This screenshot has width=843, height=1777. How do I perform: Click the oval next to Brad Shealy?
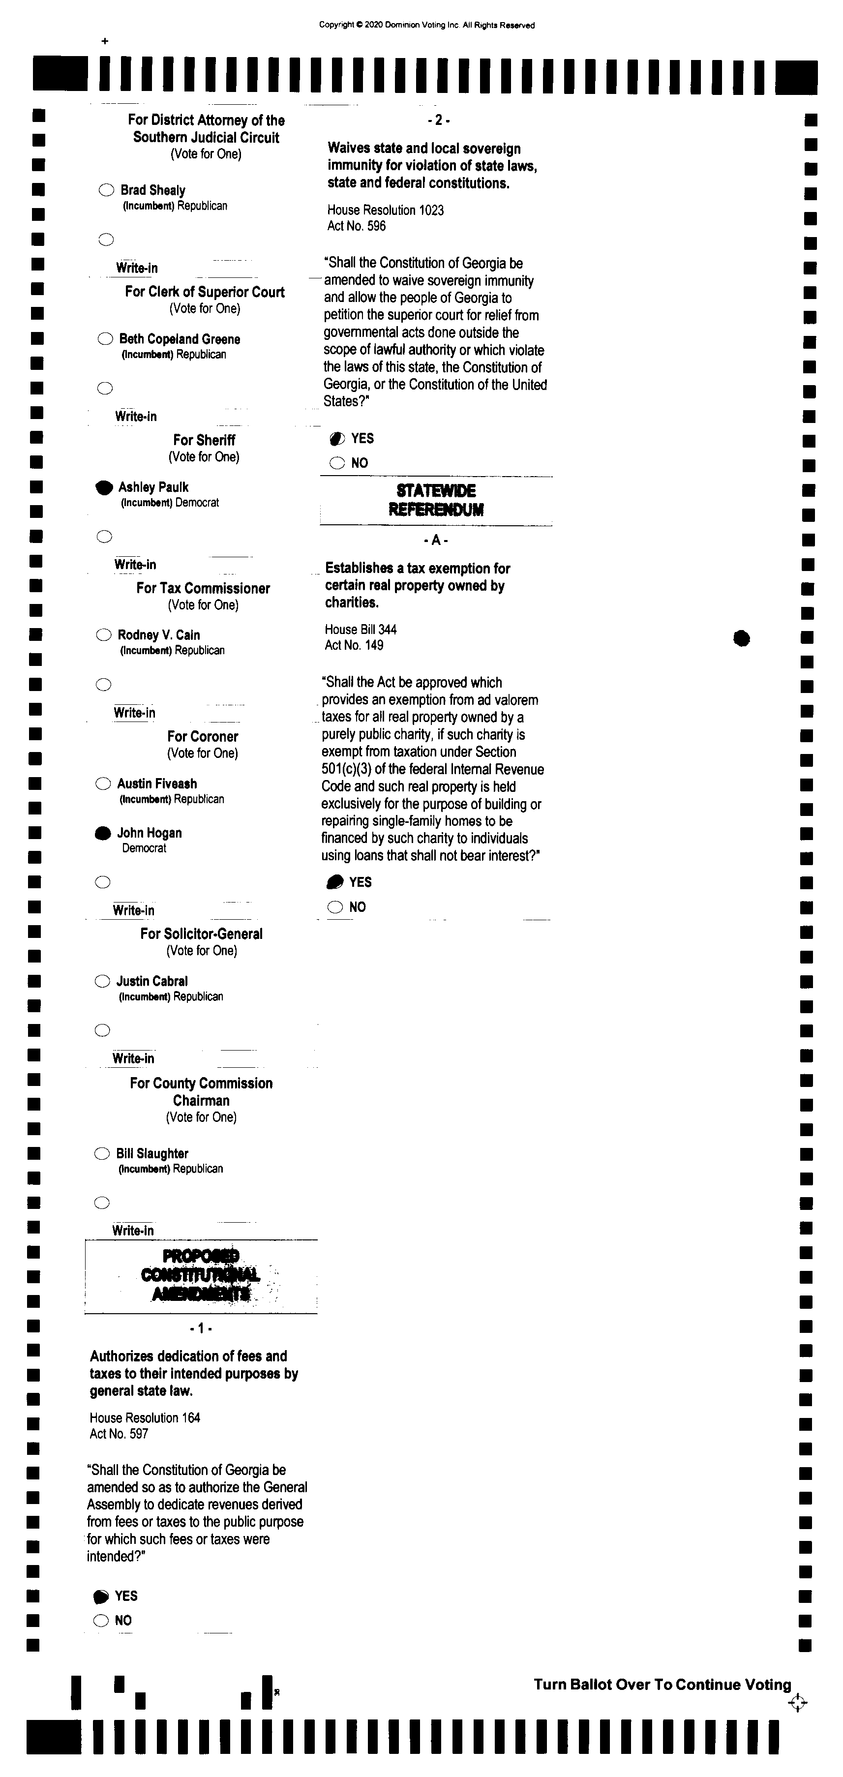106,190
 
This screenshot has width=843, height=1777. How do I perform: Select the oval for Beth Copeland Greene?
105,339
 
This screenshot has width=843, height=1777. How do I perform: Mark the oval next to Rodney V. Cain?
103,634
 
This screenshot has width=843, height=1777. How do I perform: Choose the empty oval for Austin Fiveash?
103,783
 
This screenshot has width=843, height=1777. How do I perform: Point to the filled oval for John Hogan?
103,833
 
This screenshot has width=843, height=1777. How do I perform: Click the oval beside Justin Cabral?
102,981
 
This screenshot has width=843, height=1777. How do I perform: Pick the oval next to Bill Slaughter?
102,1153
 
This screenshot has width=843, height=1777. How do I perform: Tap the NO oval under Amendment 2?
336,463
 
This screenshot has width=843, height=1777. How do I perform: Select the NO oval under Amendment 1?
101,1621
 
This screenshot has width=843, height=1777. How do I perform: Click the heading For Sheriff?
204,440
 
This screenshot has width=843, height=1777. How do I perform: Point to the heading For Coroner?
203,737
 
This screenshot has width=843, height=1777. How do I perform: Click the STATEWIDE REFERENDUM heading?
436,500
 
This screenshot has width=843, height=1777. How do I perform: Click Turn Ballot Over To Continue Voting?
662,1685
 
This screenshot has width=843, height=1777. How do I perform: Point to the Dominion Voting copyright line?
426,26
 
